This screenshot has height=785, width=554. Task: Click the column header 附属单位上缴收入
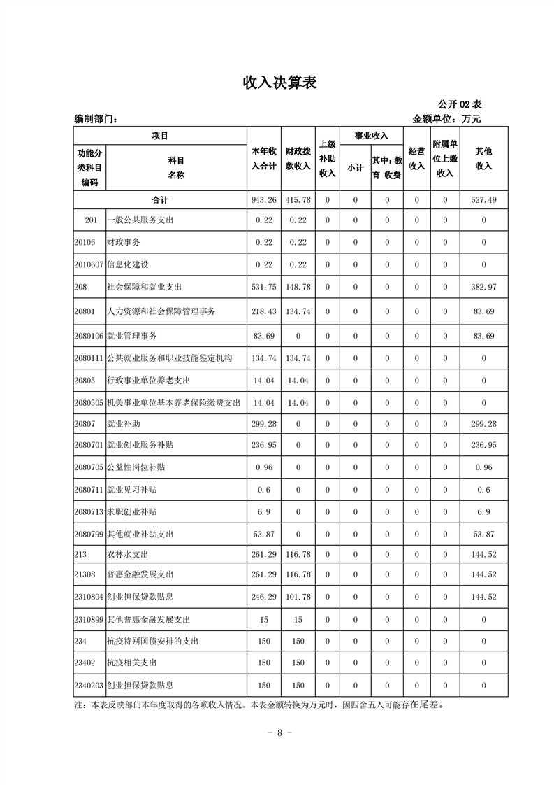[x=445, y=159]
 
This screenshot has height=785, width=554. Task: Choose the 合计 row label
[x=160, y=200]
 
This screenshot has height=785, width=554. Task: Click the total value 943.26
[x=264, y=200]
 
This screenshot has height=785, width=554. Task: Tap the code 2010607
[x=88, y=265]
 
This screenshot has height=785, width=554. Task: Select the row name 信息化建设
[x=128, y=265]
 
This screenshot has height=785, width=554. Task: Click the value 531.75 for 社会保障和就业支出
[x=264, y=288]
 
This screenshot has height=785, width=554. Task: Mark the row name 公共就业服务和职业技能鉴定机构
[x=170, y=358]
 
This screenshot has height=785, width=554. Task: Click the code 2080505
[x=88, y=403]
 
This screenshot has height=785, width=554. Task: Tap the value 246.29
[x=264, y=597]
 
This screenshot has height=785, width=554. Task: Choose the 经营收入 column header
[x=416, y=159]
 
